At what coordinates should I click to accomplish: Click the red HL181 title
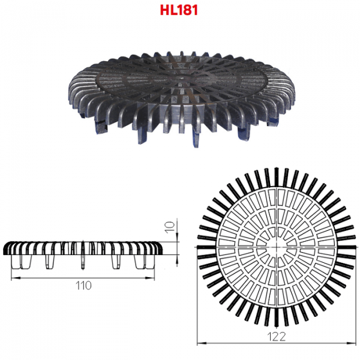coord(179,10)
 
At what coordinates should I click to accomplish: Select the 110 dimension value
coord(83,286)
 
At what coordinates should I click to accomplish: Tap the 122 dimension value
coord(277,337)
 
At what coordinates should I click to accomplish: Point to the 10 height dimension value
coord(170,227)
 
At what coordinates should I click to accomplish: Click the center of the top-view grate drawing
coord(277,247)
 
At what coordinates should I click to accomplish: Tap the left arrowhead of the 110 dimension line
coord(16,278)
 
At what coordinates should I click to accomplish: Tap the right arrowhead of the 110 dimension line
coord(150,278)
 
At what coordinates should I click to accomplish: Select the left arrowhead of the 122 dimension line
coord(202,343)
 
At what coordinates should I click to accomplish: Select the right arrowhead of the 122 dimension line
coord(352,343)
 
